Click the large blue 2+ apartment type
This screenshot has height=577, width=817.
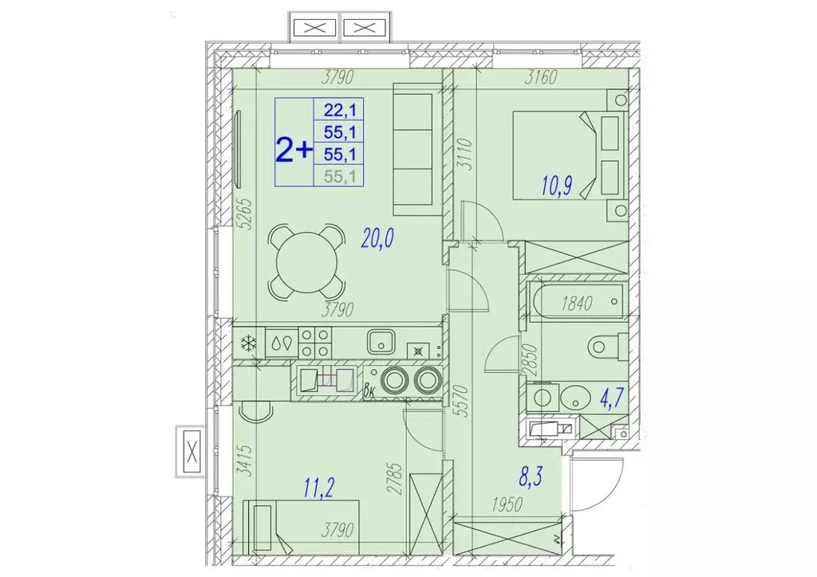(x=294, y=149)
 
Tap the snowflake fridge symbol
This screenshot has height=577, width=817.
(x=249, y=343)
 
